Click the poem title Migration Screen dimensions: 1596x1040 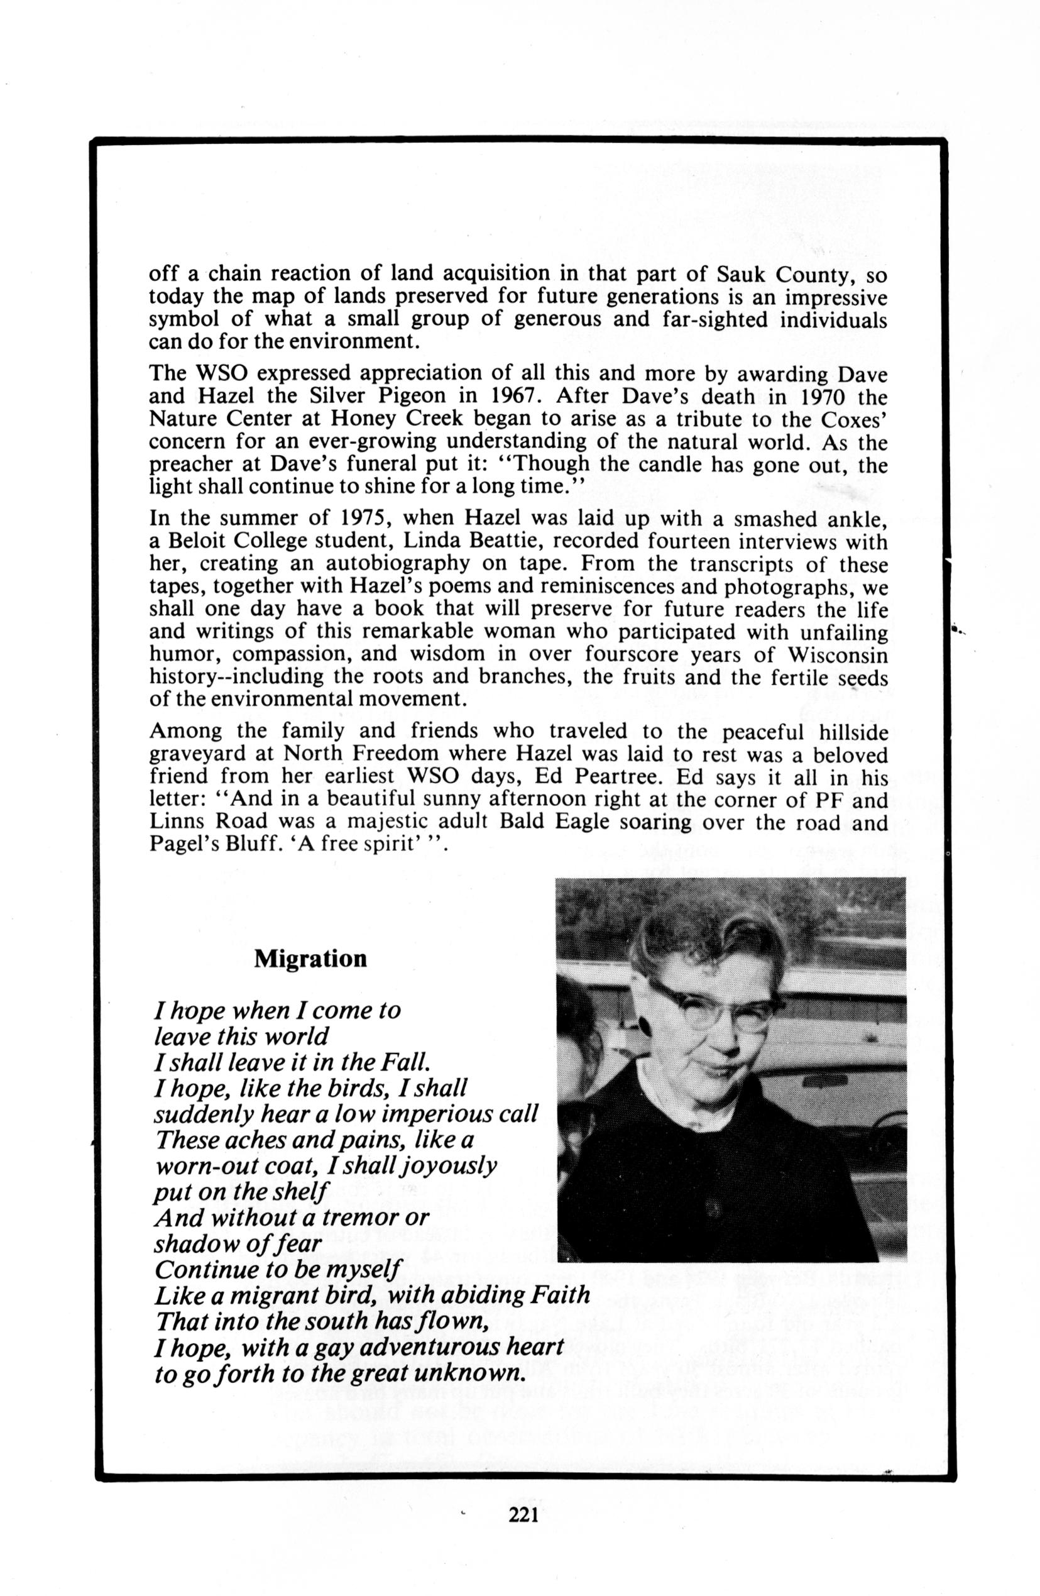[310, 958]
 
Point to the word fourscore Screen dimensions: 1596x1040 [630, 653]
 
